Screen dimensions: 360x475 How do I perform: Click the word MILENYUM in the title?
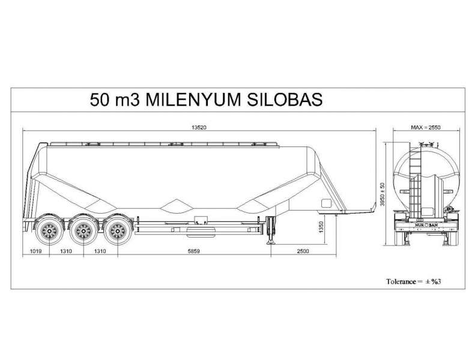(192, 99)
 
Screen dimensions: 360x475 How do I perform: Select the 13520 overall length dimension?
(199, 128)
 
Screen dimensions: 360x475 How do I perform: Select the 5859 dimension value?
(193, 251)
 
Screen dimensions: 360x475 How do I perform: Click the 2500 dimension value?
(302, 251)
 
